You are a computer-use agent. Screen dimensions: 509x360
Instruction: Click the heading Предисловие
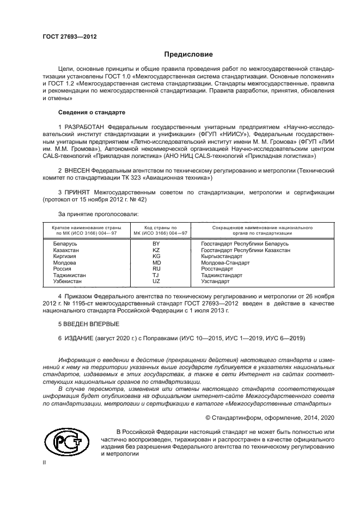click(188, 54)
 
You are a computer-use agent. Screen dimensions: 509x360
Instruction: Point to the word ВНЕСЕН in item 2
click(80, 170)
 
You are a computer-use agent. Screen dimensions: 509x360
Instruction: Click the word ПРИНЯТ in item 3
click(80, 193)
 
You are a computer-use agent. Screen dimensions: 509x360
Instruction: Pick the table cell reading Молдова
click(64, 262)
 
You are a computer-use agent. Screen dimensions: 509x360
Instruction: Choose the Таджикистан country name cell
click(70, 275)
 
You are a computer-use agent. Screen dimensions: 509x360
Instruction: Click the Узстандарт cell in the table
click(216, 281)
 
